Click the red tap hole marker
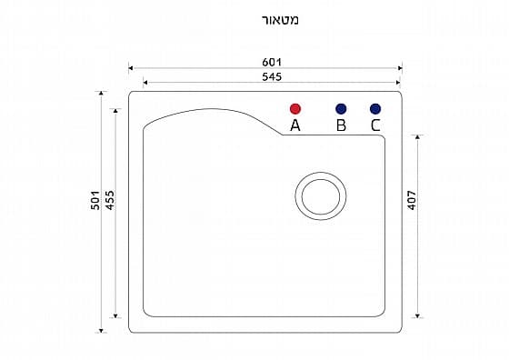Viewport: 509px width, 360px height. pyautogui.click(x=295, y=109)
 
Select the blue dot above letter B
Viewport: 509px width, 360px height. pyautogui.click(x=341, y=109)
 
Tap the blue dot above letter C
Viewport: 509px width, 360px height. pyautogui.click(x=375, y=109)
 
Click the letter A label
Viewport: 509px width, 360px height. pyautogui.click(x=295, y=125)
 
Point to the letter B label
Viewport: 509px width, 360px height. pyautogui.click(x=341, y=125)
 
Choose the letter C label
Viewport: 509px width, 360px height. pyautogui.click(x=375, y=125)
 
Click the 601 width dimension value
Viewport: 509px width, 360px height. pyautogui.click(x=272, y=62)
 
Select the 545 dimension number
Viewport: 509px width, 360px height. pyautogui.click(x=272, y=77)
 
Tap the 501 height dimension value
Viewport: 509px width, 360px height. pyautogui.click(x=95, y=200)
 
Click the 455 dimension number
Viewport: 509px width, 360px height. pyautogui.click(x=110, y=200)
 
